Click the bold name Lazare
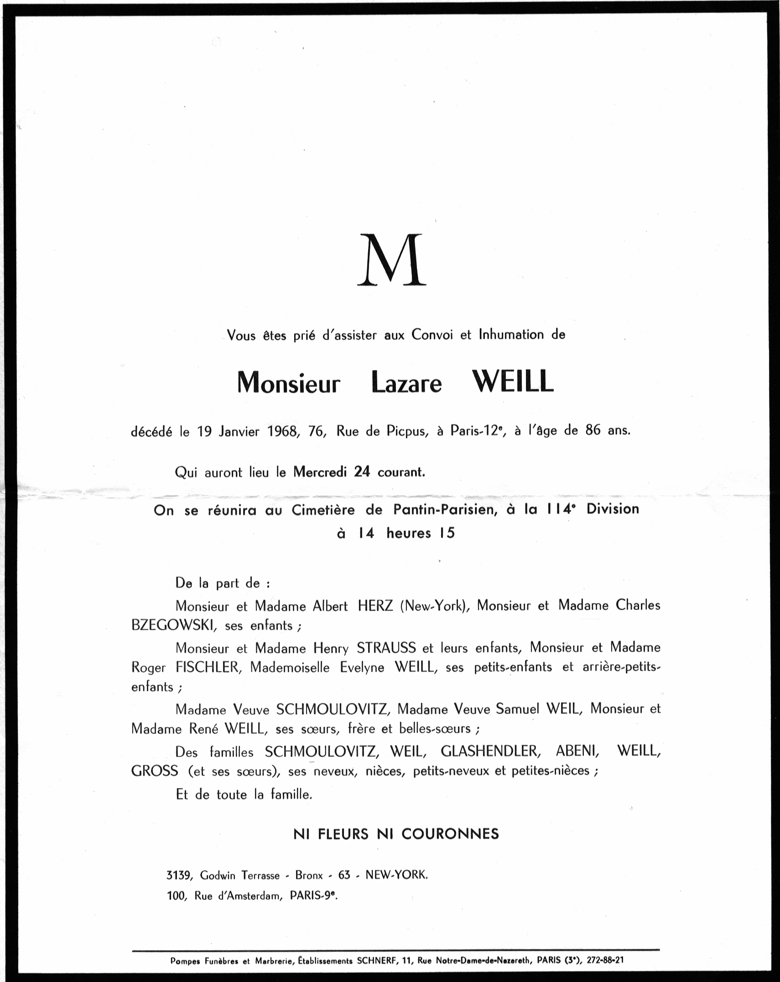(406, 383)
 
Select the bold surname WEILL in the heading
(512, 383)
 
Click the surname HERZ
(375, 605)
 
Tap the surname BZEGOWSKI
(173, 625)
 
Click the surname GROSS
(155, 771)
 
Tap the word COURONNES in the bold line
(450, 834)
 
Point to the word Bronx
(309, 875)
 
